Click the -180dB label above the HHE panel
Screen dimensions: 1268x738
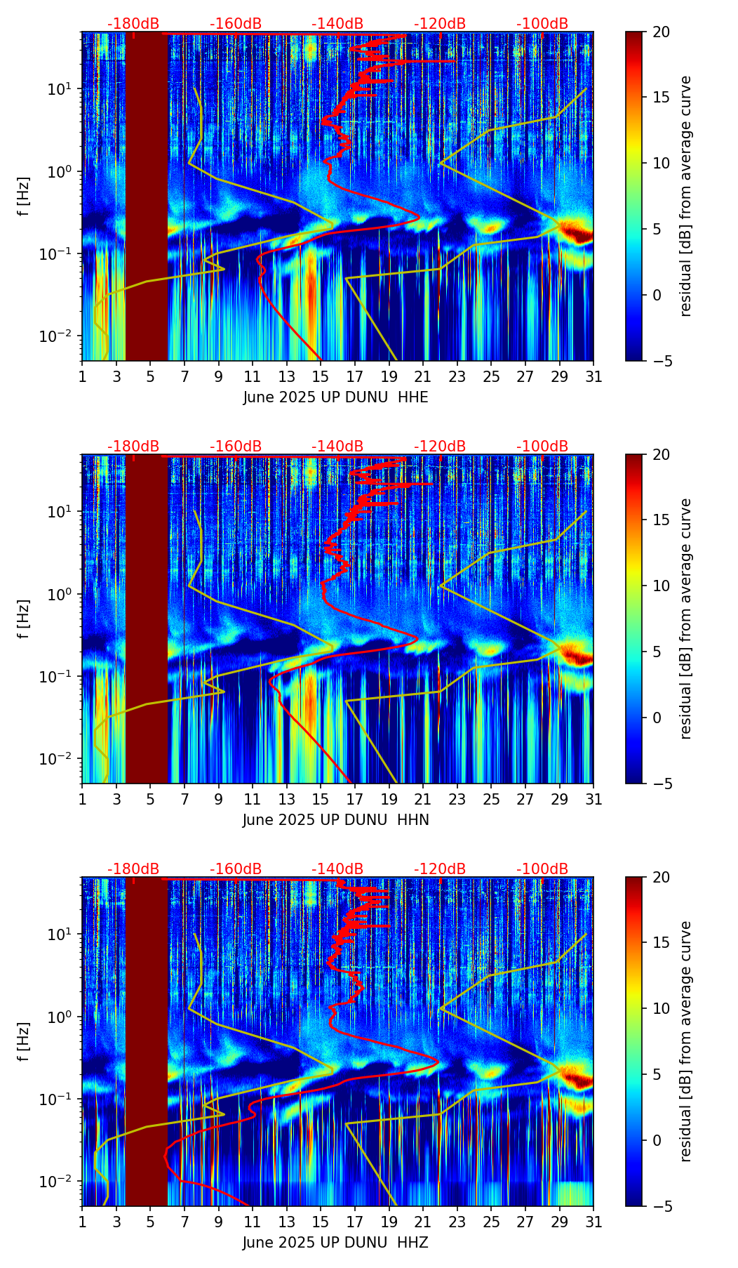(x=133, y=24)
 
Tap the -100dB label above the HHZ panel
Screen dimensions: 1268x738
(x=542, y=869)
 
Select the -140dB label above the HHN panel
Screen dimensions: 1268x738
(x=337, y=447)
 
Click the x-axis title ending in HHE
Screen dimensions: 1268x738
(x=335, y=397)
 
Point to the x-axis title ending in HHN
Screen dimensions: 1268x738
(x=335, y=820)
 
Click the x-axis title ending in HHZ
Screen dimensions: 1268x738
(x=335, y=1243)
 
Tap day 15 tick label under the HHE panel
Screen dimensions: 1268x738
(x=321, y=377)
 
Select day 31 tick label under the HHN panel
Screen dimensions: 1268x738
(x=593, y=800)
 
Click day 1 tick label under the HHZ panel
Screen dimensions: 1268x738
(x=82, y=1222)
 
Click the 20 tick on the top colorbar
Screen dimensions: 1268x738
(x=662, y=32)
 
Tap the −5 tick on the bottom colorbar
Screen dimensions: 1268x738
(x=662, y=1206)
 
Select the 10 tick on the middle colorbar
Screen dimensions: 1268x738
(x=662, y=586)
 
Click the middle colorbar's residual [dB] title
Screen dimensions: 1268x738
(x=686, y=619)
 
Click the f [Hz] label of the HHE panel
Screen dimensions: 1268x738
(x=24, y=196)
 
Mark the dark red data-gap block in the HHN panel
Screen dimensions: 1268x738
(x=147, y=619)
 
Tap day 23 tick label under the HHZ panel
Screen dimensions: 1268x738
(x=457, y=1222)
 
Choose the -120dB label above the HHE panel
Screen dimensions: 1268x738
(x=440, y=24)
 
